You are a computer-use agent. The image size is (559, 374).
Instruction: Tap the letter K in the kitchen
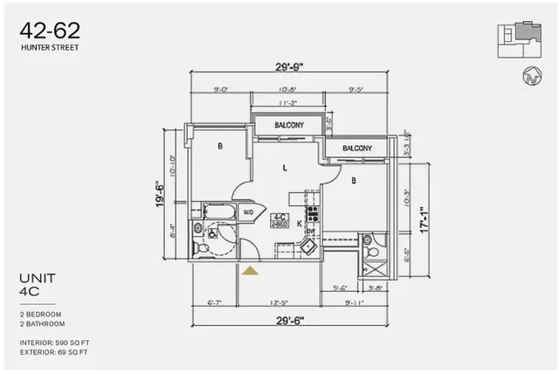[299, 225]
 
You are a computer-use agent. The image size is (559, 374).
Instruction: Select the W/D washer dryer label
[248, 212]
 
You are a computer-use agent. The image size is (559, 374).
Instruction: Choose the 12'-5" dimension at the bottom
[278, 304]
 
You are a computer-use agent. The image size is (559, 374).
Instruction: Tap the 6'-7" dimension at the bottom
[215, 304]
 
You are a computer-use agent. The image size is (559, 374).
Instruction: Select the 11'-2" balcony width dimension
[289, 103]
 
